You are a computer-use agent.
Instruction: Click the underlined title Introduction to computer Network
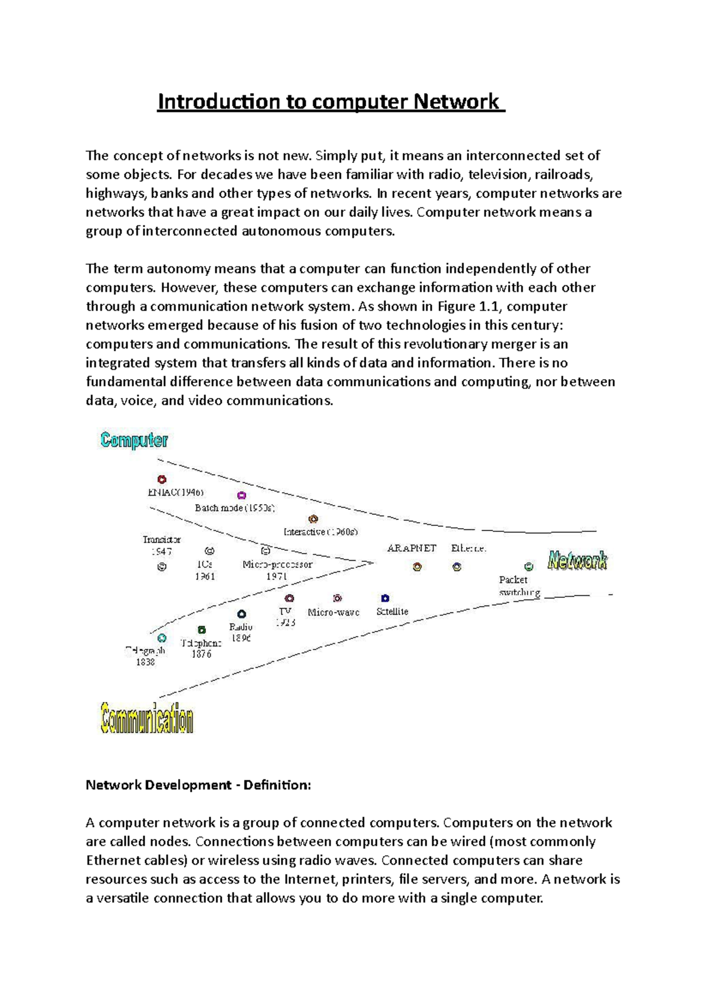pos(330,101)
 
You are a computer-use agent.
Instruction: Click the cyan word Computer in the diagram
pos(134,440)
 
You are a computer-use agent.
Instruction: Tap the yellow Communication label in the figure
pos(147,719)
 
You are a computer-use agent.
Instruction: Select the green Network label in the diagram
pos(577,560)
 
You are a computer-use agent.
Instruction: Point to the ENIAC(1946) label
pos(176,492)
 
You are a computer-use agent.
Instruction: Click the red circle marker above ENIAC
pos(162,479)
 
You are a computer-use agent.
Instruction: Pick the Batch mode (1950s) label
pos(235,508)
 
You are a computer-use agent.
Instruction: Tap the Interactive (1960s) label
pos(320,532)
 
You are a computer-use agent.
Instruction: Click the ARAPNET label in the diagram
pos(411,548)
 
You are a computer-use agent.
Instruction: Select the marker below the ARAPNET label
pos(417,567)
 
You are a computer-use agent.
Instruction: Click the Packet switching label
pos(519,586)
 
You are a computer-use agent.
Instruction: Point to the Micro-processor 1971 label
pos(277,570)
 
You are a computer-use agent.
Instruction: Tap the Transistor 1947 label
pos(161,545)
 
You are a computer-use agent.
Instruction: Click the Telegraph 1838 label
pos(145,656)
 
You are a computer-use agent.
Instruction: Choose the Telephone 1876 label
pos(201,648)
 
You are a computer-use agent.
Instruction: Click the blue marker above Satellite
pos(385,598)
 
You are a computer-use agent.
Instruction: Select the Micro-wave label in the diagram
pos(333,613)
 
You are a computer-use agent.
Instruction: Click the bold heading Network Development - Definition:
pos(198,785)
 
